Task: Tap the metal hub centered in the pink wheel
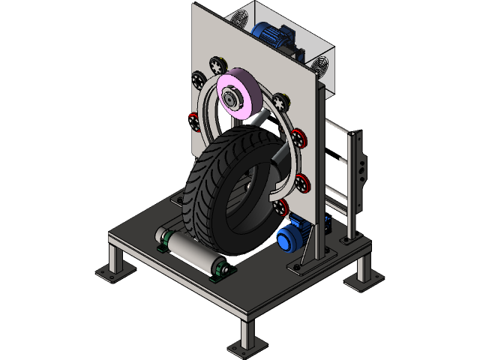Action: pos(230,99)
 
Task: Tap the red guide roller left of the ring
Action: pos(194,119)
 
